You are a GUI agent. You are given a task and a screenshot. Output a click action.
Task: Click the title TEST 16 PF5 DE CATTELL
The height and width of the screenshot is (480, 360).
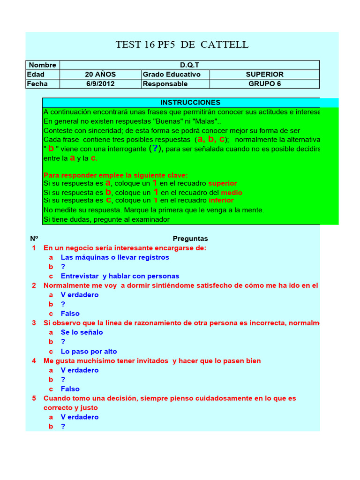pos(182,45)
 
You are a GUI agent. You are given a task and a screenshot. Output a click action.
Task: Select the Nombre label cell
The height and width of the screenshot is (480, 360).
pos(43,65)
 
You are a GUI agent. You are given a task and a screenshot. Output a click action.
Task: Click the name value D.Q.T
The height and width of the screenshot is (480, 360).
pos(189,65)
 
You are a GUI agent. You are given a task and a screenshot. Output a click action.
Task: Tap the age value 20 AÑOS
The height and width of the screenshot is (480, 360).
pos(100,75)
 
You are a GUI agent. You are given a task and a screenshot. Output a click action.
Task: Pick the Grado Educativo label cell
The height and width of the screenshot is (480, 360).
pos(172,75)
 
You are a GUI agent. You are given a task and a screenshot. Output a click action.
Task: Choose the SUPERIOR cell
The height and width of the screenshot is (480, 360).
pos(264,75)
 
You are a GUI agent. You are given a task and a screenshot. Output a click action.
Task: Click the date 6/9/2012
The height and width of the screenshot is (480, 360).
pos(100,84)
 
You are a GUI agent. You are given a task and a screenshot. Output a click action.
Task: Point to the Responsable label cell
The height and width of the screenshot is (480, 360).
pos(165,84)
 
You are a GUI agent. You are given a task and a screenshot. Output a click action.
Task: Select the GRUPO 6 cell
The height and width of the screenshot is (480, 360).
pos(264,84)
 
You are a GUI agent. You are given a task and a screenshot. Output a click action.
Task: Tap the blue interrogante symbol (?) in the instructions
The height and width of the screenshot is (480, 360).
pos(156,149)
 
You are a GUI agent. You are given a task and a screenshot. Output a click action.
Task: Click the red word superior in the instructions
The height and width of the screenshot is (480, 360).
pos(223,183)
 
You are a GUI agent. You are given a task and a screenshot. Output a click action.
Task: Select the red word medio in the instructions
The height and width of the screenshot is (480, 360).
pos(232,193)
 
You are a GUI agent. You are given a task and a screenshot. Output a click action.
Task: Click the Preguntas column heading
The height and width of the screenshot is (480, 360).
pos(190,239)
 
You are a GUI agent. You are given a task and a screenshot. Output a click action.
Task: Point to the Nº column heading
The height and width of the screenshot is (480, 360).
pos(34,239)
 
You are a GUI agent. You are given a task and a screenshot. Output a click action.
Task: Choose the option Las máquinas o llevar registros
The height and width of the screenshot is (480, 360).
pos(115,257)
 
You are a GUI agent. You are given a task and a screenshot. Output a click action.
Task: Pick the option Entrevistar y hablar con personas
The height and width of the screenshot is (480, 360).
pos(120,276)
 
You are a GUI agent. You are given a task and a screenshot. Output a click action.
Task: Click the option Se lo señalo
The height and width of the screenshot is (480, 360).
pos(82,332)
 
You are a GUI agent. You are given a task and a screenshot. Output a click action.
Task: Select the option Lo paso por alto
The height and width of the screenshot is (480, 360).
pos(89,352)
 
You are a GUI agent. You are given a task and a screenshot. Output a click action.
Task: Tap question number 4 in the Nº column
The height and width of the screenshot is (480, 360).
pos(34,361)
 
